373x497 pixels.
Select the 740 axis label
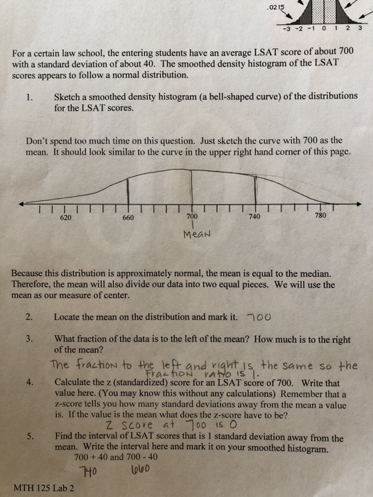[254, 217]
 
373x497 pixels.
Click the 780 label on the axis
[318, 216]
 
